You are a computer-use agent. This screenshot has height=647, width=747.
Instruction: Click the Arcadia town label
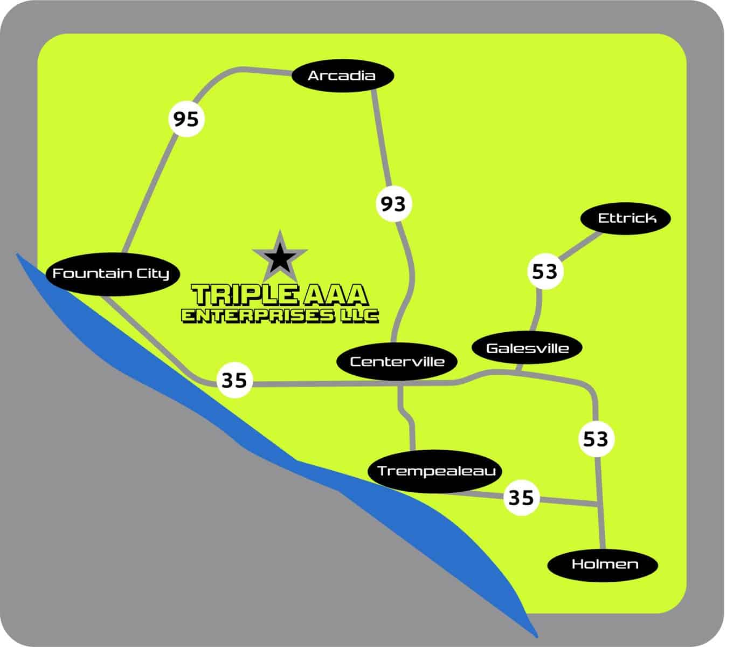(342, 75)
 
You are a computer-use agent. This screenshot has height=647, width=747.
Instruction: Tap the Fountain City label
(110, 273)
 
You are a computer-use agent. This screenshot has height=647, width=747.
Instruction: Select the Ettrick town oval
(626, 218)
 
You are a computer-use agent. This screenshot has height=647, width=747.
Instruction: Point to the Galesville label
(527, 348)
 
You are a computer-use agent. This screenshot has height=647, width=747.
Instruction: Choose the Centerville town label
(397, 361)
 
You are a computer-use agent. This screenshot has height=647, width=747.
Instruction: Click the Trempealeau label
(435, 471)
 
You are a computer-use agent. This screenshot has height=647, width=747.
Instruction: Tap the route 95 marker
(186, 119)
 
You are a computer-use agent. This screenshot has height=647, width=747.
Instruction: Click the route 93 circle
(393, 204)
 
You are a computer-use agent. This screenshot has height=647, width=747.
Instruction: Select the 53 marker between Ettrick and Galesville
(544, 271)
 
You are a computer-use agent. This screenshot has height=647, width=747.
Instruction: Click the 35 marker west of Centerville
(234, 380)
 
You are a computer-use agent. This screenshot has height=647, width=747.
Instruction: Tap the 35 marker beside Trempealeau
(521, 497)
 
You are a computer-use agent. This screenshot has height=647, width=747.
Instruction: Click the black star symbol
(280, 258)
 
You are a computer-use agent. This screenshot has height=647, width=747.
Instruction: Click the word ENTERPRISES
(258, 316)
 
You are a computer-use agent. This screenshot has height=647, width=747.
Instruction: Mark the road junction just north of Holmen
(598, 505)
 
